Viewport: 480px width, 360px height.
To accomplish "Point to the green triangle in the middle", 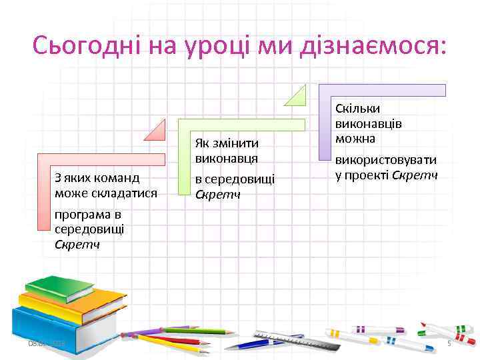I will [x=297, y=97].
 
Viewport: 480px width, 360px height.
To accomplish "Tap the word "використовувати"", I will [x=386, y=161].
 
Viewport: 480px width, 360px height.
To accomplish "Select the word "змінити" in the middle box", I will [x=236, y=145].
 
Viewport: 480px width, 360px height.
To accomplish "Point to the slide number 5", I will [x=449, y=343].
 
